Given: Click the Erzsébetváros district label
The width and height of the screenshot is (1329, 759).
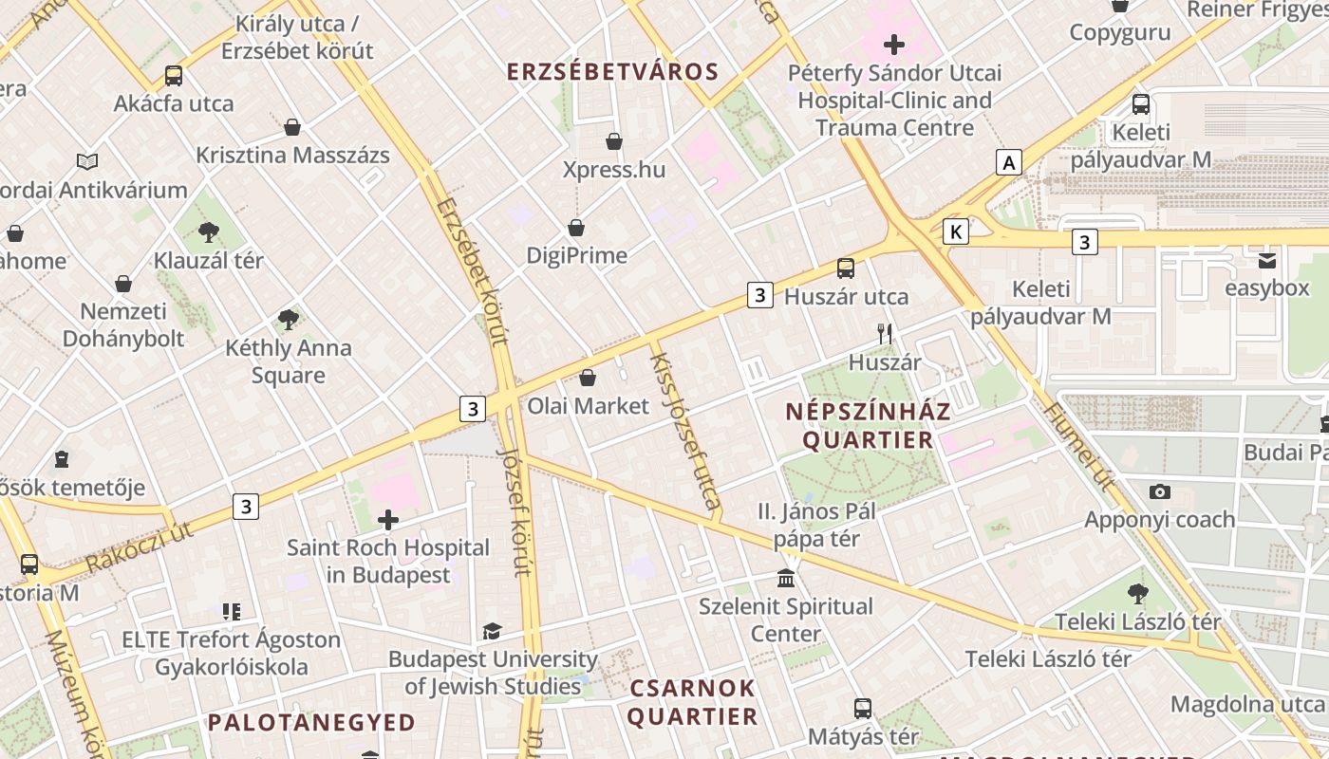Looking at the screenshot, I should (612, 72).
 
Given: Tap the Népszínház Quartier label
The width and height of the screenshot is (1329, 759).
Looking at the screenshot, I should (868, 426).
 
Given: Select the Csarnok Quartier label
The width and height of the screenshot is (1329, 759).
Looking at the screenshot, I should (692, 702).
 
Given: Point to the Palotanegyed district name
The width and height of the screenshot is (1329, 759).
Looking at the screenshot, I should (311, 723).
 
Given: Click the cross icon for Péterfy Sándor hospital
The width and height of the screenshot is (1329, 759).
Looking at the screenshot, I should (893, 45).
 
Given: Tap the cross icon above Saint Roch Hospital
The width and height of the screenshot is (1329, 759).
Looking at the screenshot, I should (387, 520).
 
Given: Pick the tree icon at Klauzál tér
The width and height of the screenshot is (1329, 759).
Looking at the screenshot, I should (209, 231).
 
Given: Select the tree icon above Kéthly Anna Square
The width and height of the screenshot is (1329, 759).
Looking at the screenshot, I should (289, 320).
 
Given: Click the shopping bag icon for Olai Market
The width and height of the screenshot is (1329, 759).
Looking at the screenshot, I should (588, 378).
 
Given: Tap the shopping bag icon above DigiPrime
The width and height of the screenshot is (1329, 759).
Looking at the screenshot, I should (576, 228).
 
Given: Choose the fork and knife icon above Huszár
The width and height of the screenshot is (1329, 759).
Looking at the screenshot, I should (885, 333).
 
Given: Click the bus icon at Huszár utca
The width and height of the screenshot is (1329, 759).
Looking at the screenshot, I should (846, 268).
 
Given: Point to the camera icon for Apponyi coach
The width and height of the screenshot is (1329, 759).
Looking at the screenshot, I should (1159, 491).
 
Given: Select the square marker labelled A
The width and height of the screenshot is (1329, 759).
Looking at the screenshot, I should (1008, 163).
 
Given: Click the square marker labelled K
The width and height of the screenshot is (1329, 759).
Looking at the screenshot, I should (956, 231).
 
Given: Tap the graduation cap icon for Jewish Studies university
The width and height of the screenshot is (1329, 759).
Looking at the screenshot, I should (492, 631).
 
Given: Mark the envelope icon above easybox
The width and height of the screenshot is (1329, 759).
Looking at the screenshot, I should (1266, 261).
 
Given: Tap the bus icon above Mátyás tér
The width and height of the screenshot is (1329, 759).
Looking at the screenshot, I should (862, 708).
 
